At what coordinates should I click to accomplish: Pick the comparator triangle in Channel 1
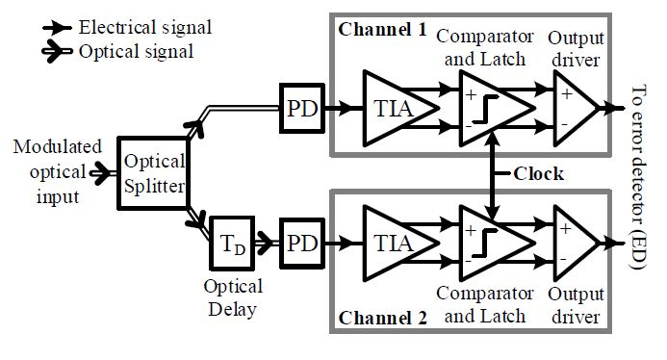coord(491,108)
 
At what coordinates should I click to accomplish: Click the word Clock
coord(537,175)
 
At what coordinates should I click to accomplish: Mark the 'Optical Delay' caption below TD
coord(232,298)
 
